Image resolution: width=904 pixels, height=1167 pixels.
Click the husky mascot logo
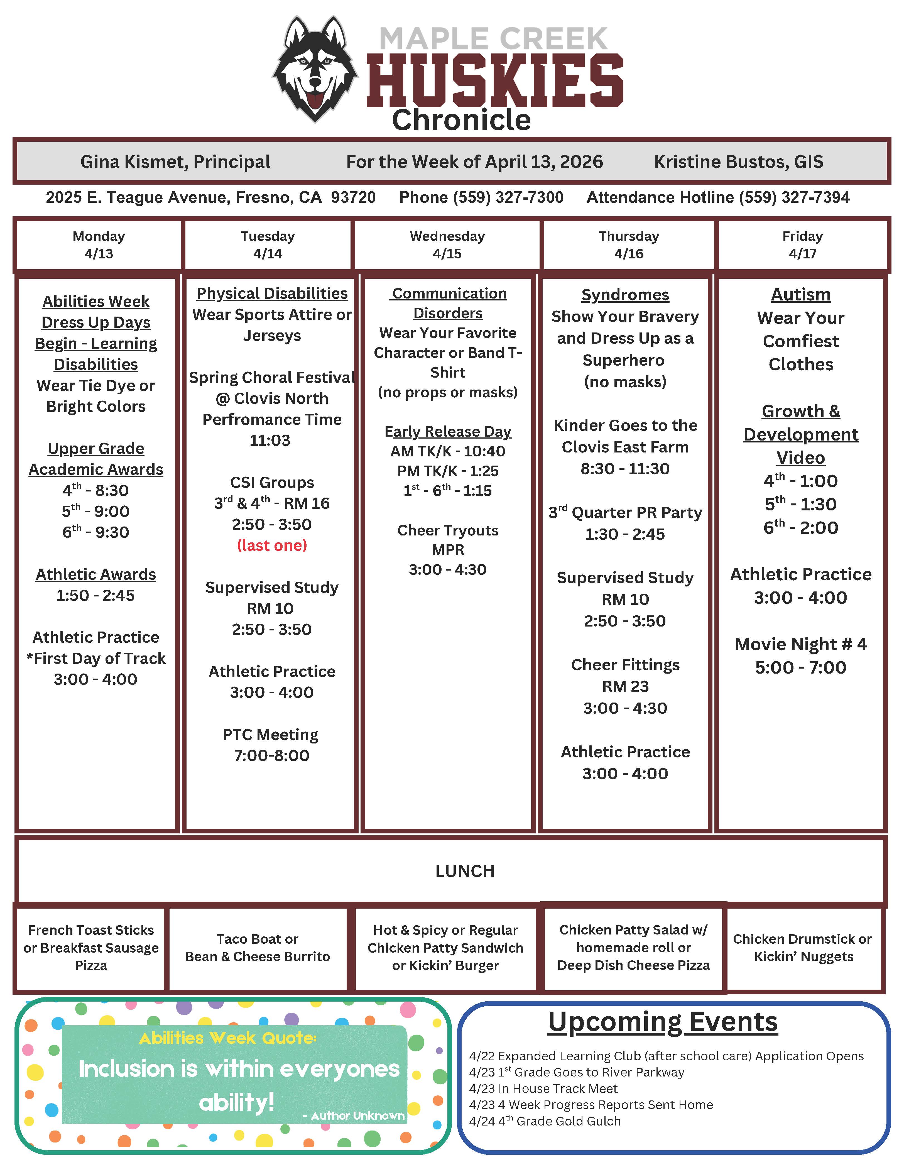click(315, 68)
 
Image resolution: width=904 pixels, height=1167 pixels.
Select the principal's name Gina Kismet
click(175, 162)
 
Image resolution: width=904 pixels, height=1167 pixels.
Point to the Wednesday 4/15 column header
click(447, 245)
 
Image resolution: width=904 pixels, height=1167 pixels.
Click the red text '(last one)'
click(272, 545)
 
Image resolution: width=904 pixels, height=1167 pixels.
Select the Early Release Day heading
click(448, 431)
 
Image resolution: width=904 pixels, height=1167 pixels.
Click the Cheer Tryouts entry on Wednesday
click(448, 530)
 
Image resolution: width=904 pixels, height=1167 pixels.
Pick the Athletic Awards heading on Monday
click(96, 574)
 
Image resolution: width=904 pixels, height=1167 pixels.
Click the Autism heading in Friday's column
click(800, 294)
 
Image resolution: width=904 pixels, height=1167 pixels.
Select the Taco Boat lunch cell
click(258, 947)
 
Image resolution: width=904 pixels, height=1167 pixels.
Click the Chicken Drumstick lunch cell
click(803, 947)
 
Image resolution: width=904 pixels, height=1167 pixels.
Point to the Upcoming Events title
click(663, 1022)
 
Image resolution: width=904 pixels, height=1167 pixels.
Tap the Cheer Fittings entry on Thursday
click(625, 665)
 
